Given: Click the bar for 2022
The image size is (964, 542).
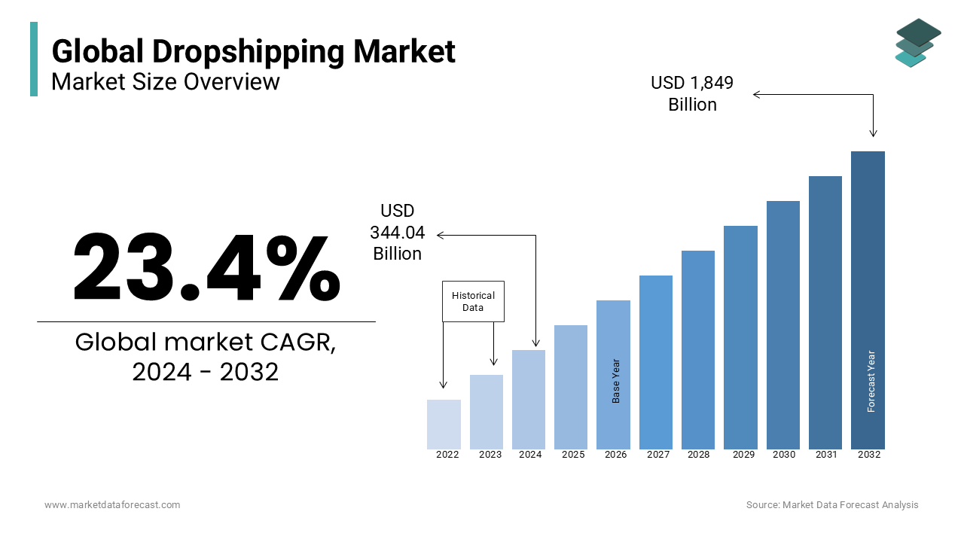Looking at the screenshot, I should pyautogui.click(x=444, y=425).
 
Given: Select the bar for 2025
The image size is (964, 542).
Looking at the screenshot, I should pyautogui.click(x=571, y=387).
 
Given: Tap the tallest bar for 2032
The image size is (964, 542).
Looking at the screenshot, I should pyautogui.click(x=868, y=300).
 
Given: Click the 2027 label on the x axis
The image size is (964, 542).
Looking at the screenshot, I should pyautogui.click(x=657, y=455).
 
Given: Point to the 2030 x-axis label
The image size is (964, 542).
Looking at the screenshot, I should pyautogui.click(x=783, y=455).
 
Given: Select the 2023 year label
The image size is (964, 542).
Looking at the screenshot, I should pyautogui.click(x=490, y=455).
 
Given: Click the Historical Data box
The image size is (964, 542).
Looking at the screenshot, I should pyautogui.click(x=473, y=302).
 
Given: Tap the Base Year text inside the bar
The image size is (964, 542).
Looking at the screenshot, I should pyautogui.click(x=616, y=381).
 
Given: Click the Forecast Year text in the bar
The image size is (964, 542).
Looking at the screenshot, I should pyautogui.click(x=871, y=381).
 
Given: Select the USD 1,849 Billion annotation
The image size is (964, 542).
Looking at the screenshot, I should pyautogui.click(x=692, y=93).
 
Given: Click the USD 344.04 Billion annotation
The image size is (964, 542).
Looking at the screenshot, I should pyautogui.click(x=397, y=233).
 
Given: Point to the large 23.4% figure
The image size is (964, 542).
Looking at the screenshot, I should pyautogui.click(x=206, y=268).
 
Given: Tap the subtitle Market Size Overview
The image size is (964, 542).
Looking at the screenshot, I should pyautogui.click(x=166, y=81).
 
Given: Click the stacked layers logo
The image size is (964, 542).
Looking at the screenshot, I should pyautogui.click(x=917, y=43).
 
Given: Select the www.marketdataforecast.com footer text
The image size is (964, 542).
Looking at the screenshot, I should pyautogui.click(x=112, y=505).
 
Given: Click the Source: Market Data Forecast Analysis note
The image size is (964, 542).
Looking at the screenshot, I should pyautogui.click(x=832, y=505).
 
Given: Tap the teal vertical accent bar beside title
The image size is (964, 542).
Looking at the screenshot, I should pyautogui.click(x=34, y=59).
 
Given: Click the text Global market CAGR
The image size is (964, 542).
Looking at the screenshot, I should pyautogui.click(x=206, y=343).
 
